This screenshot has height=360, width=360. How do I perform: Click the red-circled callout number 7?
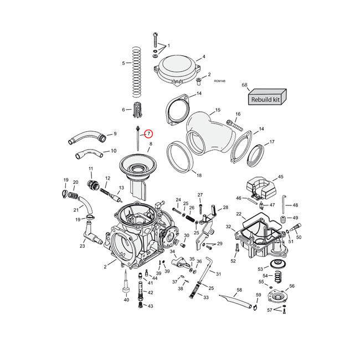148,133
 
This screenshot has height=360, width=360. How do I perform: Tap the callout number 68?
244,85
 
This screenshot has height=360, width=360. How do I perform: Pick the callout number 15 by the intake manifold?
218,110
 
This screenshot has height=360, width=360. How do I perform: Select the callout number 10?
114,151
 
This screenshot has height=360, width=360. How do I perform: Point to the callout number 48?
295,205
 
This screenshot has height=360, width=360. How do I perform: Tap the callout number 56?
292,286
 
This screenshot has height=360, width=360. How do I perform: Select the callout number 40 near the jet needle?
126,300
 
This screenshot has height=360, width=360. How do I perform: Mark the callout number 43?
150,306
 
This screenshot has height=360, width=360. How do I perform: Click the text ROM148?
219,81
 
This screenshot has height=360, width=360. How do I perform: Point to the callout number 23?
82,246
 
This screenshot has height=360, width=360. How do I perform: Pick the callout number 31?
218,274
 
